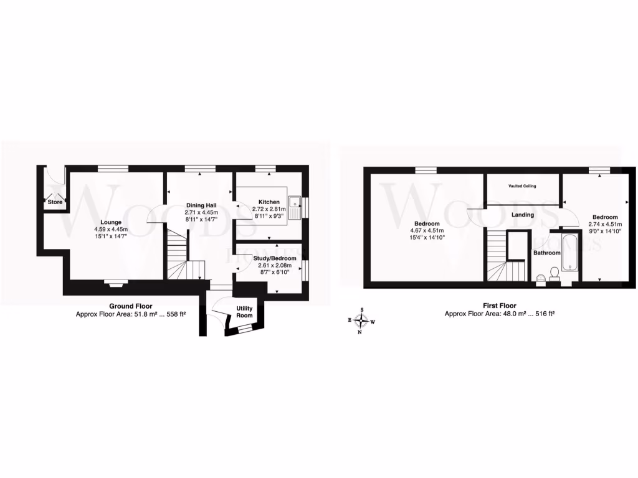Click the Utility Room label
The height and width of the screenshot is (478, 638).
244,312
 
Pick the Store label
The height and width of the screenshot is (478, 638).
55,202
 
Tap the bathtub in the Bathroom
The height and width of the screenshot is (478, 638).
569,253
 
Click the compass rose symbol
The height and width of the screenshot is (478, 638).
361,321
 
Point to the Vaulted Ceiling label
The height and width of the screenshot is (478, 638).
522,186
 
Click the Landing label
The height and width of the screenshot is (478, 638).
522,215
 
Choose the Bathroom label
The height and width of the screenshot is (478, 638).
547,253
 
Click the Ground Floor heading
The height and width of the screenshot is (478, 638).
131,306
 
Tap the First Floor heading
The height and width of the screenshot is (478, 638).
499,306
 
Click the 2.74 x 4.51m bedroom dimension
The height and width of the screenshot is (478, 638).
604,225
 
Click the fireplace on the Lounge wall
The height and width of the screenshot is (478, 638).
115,284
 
